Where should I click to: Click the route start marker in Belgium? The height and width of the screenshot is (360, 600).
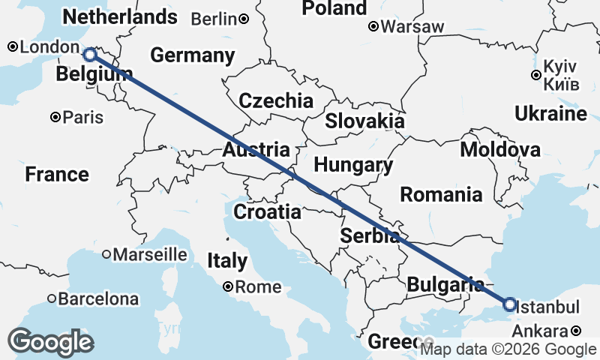coord(89,54)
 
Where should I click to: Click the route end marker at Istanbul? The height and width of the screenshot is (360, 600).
coord(509,304)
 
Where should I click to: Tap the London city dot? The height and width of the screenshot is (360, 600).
coord(13,47)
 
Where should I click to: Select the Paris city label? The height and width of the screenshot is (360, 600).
coord(83,117)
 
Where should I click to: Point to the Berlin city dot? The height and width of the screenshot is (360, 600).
coord(244,19)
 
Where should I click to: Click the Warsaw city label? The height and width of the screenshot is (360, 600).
coord(412,27)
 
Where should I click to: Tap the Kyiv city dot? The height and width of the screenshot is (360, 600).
coord(535,75)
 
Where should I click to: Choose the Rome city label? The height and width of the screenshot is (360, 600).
coord(258,286)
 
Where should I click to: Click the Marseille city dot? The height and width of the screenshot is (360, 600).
coord(106,254)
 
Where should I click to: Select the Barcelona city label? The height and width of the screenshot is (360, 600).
coord(98,299)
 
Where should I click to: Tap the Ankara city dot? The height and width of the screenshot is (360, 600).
coord(575,331)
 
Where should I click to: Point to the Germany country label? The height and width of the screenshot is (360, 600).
coord(192,55)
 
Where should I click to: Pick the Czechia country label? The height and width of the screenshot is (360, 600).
coord(276,100)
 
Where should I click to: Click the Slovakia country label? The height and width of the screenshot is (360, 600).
coord(364,121)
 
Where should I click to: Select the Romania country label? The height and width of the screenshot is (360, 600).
coord(441,195)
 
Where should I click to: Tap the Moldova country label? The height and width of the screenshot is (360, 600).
coord(500,149)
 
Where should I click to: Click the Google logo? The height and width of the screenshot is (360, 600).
coord(50,343)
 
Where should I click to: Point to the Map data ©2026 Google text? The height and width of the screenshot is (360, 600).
coord(508,349)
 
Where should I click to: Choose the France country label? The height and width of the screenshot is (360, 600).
coord(57,175)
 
